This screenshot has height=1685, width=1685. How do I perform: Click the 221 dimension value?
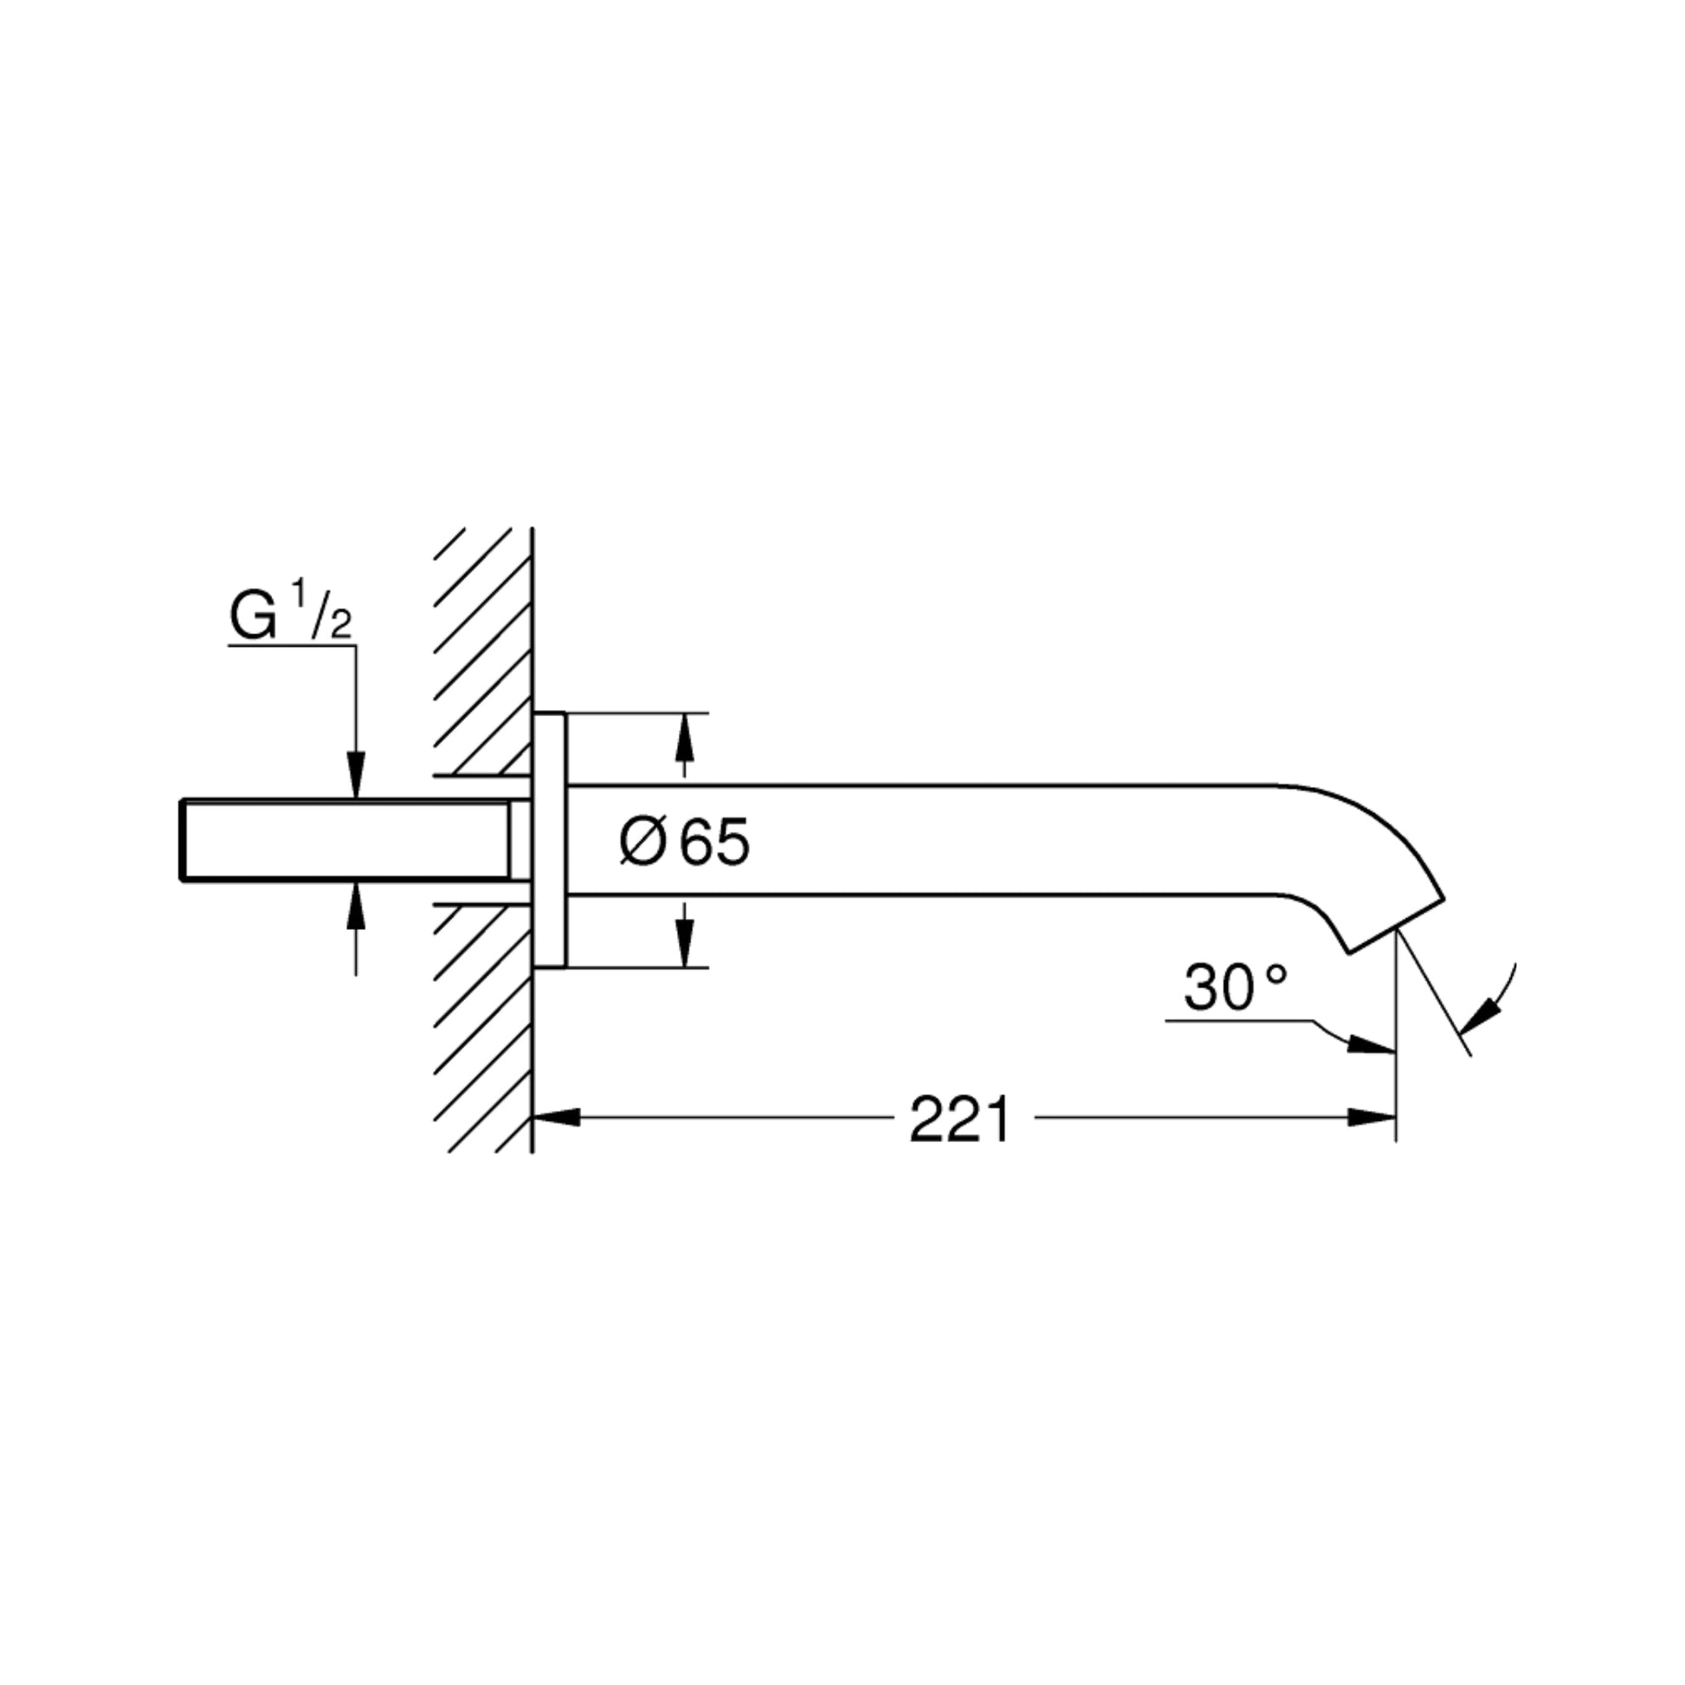click(x=959, y=1120)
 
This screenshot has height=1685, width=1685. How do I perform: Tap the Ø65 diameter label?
click(x=685, y=842)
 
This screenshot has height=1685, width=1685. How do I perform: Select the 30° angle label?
click(x=1234, y=989)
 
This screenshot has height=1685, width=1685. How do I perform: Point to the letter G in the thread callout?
click(x=253, y=617)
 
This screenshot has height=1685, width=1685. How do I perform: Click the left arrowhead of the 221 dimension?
click(x=555, y=1117)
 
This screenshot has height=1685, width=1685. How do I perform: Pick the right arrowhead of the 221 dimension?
click(x=1372, y=1117)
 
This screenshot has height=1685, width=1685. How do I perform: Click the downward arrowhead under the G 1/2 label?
click(x=355, y=774)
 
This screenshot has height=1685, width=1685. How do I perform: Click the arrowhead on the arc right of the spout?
click(x=1480, y=1017)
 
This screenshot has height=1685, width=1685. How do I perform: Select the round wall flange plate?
click(x=550, y=840)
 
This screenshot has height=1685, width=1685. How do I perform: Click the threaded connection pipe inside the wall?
click(x=349, y=840)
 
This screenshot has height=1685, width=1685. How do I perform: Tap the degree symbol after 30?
click(x=1275, y=974)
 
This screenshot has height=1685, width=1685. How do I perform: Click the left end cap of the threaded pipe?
click(x=182, y=840)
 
